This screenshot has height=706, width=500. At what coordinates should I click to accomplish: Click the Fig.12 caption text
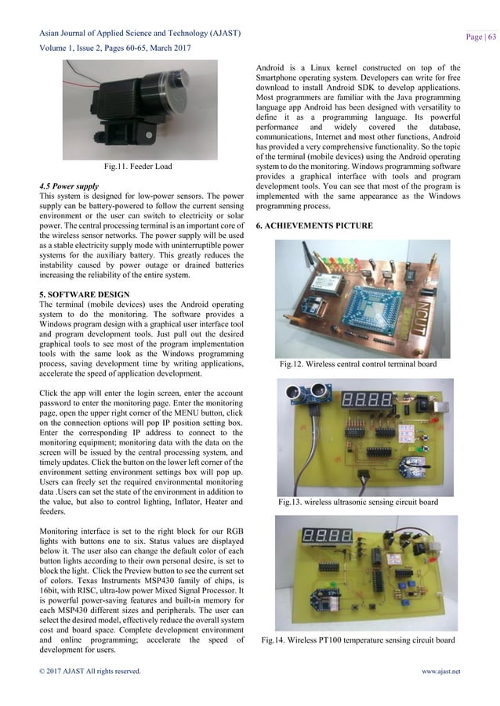click(x=357, y=364)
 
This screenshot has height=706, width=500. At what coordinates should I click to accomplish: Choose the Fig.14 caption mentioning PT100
click(x=357, y=640)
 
